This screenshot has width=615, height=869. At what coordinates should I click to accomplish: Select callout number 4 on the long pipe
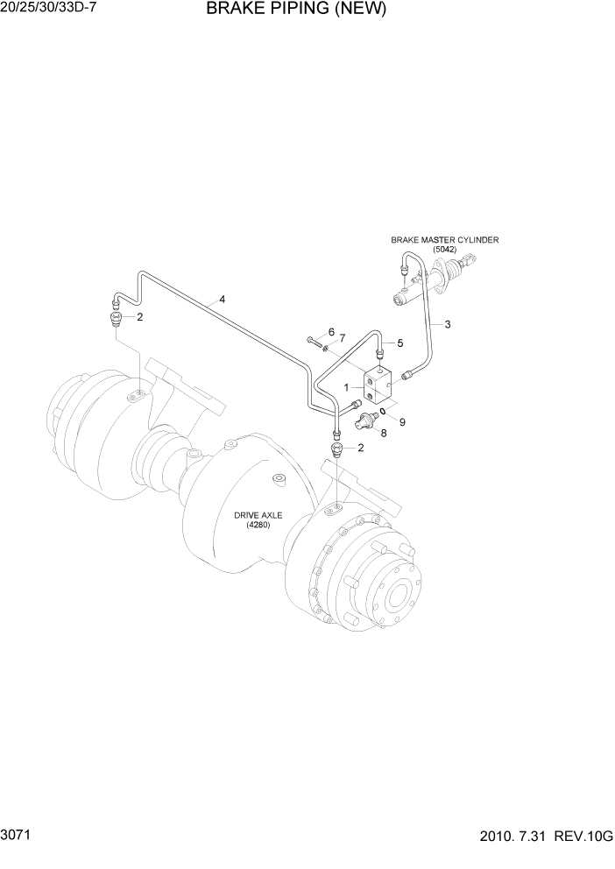click(223, 300)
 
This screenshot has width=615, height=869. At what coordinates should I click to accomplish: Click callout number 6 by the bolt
click(331, 332)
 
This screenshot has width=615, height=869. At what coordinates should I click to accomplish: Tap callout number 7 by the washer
click(343, 338)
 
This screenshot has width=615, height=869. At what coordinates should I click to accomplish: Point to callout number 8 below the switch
click(383, 434)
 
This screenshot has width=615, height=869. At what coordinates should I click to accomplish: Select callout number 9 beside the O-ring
click(402, 421)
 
